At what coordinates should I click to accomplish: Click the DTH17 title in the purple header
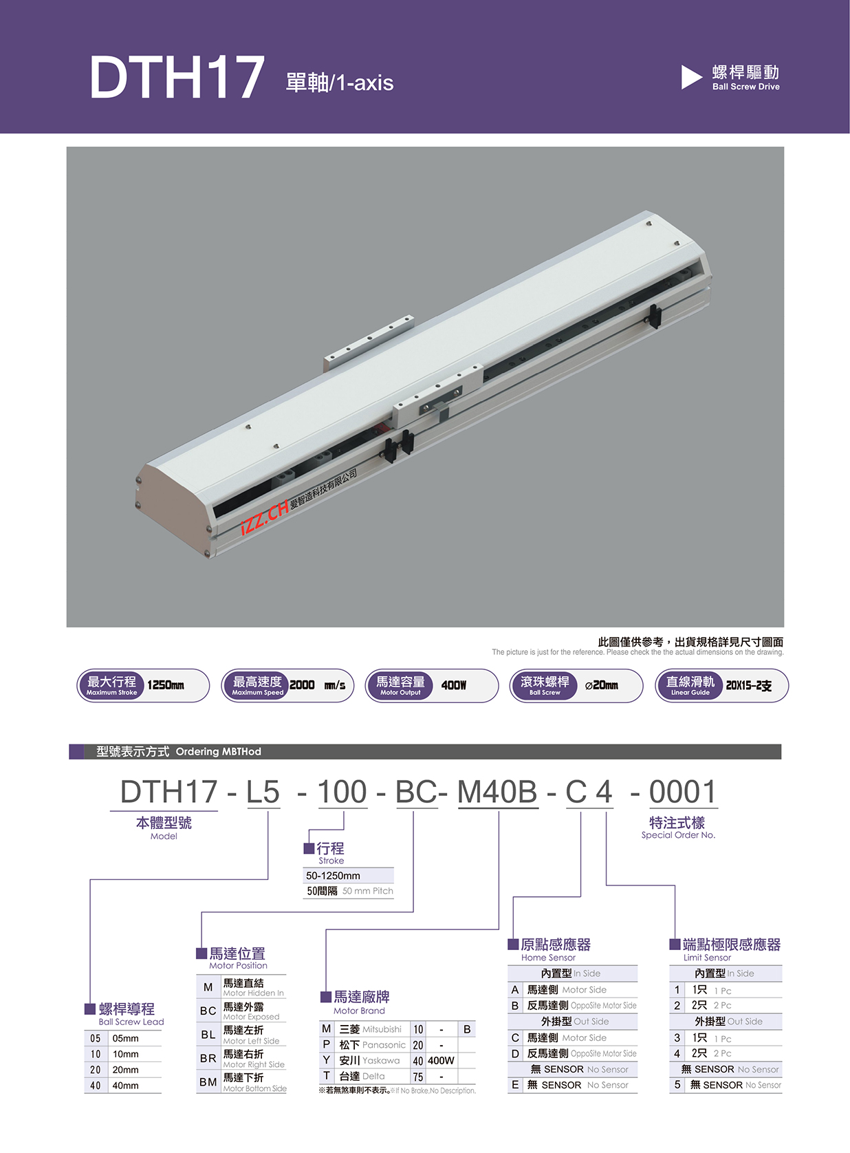[177, 76]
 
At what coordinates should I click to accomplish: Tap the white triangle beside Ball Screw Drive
[692, 77]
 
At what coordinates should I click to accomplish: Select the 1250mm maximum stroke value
[165, 685]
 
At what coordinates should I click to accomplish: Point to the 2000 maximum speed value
[302, 685]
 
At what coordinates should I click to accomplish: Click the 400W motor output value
[453, 685]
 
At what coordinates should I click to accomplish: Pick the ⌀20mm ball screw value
[602, 686]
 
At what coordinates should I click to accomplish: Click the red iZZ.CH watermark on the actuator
[265, 517]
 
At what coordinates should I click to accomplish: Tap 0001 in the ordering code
[682, 792]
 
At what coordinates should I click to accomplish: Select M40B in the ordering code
[497, 792]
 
